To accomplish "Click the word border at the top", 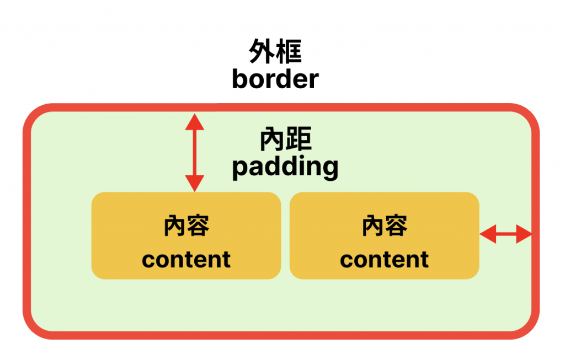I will pos(275,79).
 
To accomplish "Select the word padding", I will pos(285,166).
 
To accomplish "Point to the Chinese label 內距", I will pos(285,140).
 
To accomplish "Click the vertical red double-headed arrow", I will pos(194,152).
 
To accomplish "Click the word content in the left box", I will pos(186,260).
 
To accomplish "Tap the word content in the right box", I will pos(384,260).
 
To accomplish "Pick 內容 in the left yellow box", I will pos(186,226).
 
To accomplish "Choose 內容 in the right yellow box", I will pos(384,226).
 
